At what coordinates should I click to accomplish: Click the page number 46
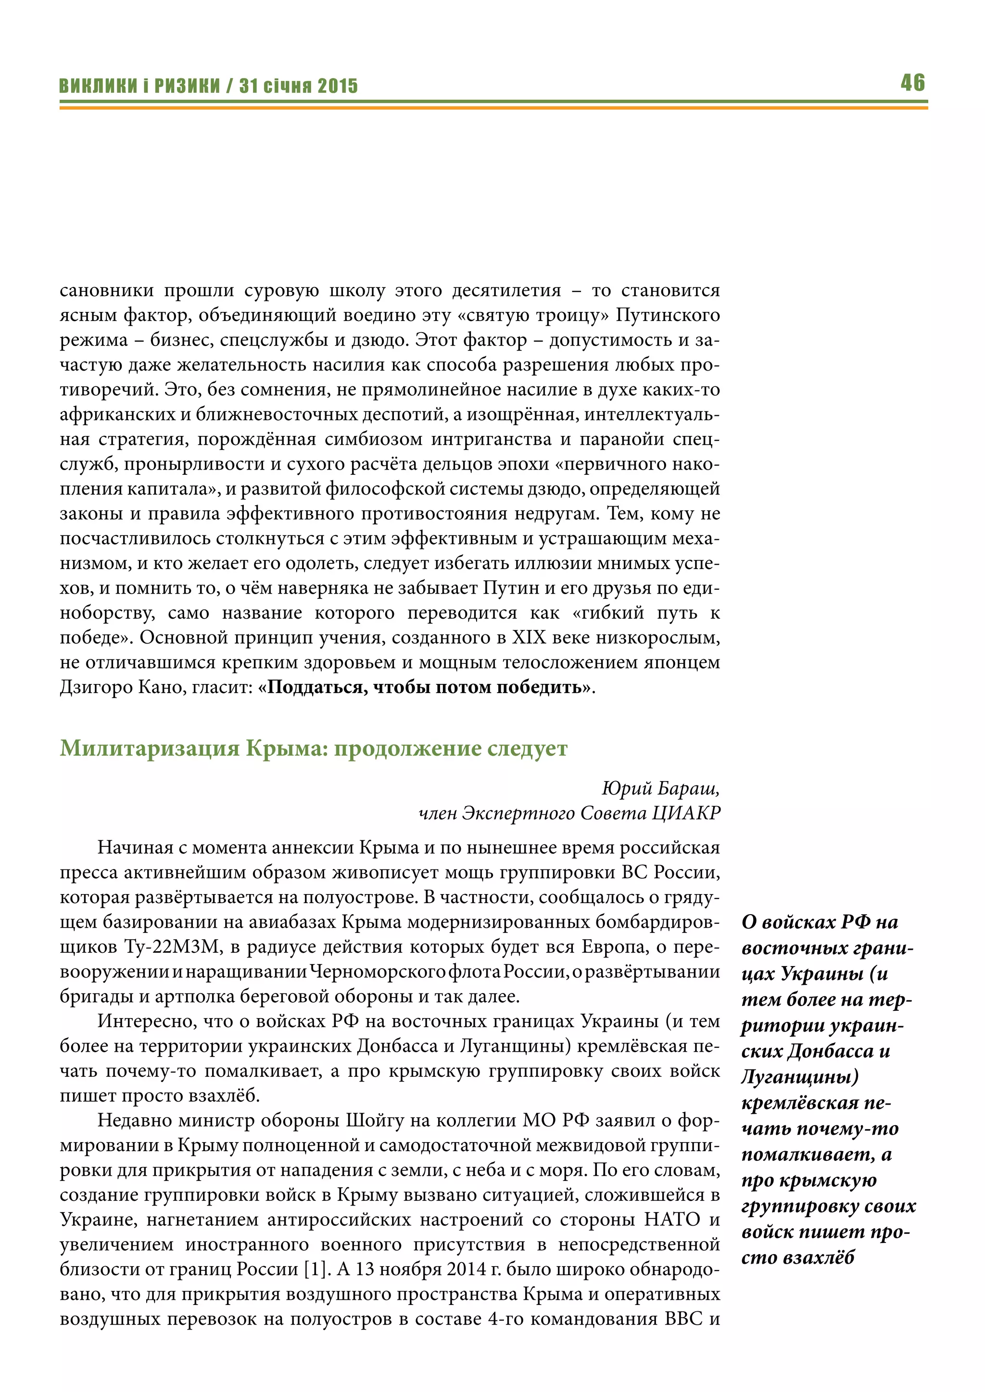[x=913, y=83]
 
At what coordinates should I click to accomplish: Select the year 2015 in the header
[x=338, y=86]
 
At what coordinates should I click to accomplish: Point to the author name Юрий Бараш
[x=660, y=788]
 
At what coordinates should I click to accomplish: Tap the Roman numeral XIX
[x=530, y=638]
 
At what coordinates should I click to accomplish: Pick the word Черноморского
[x=377, y=972]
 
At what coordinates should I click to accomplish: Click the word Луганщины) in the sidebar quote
[x=800, y=1077]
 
